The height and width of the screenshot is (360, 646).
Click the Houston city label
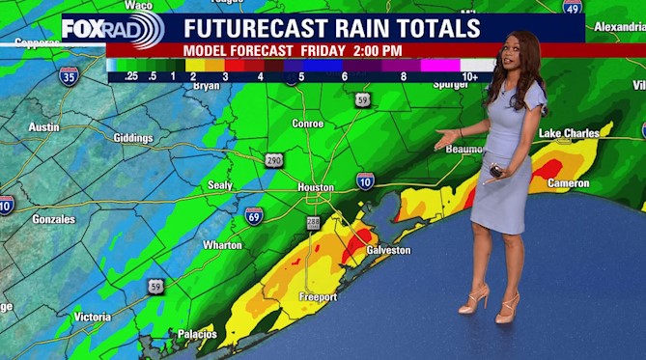[x=316, y=187]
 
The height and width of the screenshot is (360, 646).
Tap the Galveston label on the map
[x=389, y=250]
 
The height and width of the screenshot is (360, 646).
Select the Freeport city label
[x=318, y=296]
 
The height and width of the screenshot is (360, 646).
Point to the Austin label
[x=43, y=126]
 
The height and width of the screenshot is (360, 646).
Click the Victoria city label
[x=93, y=317]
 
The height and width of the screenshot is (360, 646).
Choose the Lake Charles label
[x=562, y=132]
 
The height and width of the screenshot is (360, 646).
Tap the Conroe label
[x=308, y=124]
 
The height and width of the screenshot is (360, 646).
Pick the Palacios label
[x=197, y=334]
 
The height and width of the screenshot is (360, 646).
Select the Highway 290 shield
[x=274, y=159]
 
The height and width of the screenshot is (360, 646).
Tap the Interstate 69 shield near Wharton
[x=254, y=215]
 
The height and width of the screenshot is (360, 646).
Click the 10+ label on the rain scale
[x=470, y=75]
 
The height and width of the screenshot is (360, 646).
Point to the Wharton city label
[x=222, y=245]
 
